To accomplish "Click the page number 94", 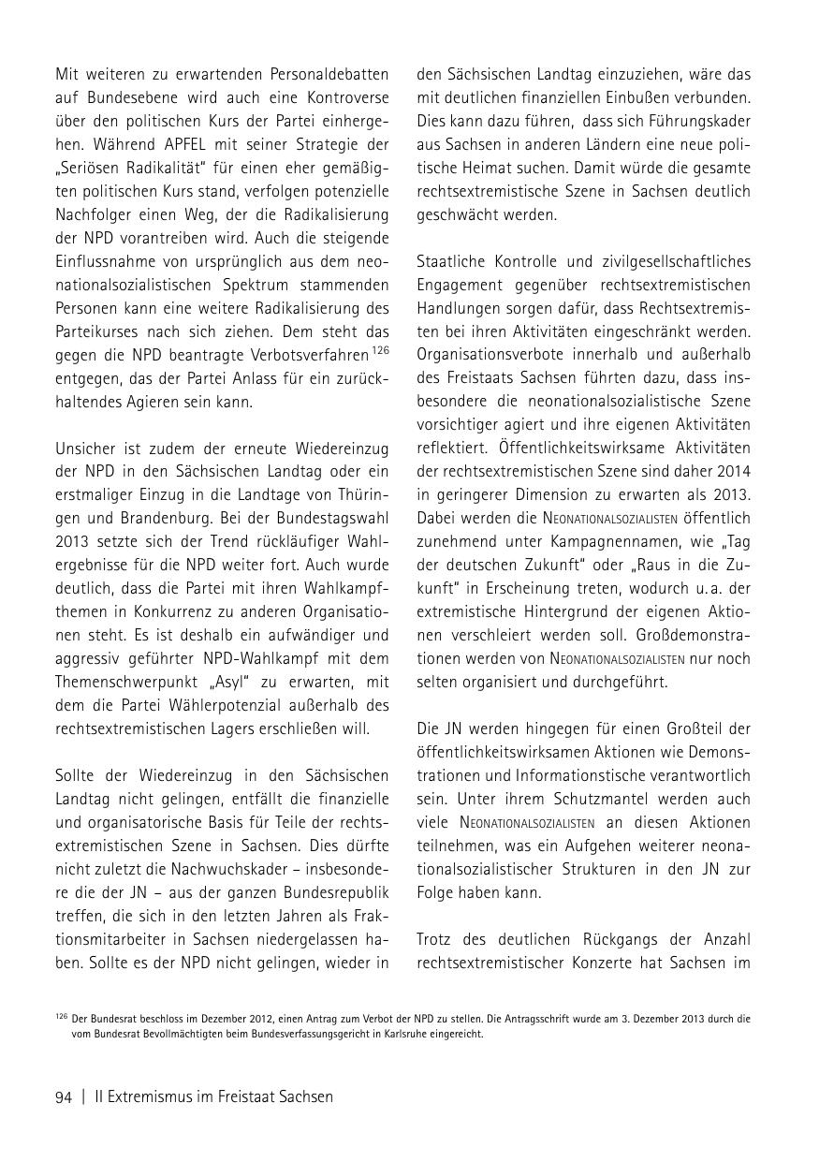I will tap(64, 1096).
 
